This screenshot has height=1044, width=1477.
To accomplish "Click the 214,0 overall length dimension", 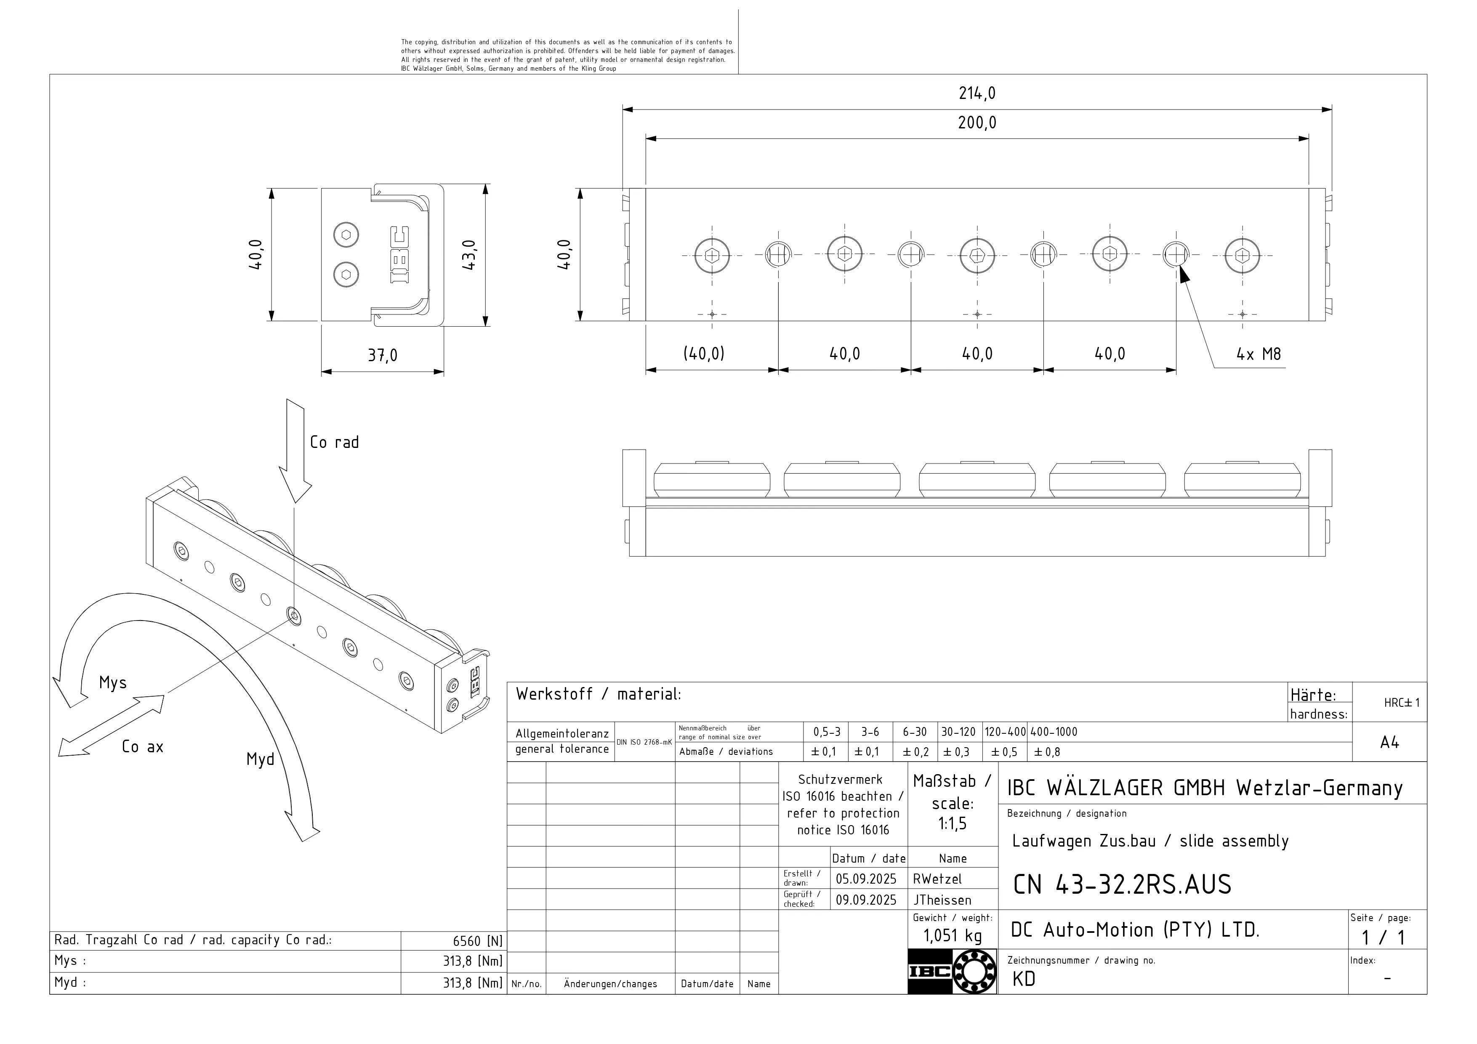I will tap(977, 94).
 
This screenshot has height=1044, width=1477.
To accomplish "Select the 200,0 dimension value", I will tap(977, 123).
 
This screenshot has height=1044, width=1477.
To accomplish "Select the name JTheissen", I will tap(942, 900).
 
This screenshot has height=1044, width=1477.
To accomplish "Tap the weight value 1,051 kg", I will tap(953, 936).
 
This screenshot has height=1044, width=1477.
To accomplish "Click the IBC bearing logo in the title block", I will tap(952, 971).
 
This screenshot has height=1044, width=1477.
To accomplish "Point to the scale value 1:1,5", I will tap(952, 824).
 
